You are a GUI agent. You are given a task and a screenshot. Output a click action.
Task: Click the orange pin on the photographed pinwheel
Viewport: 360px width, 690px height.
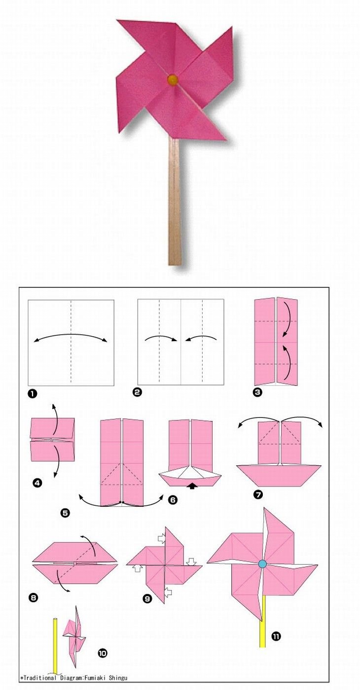(x=173, y=79)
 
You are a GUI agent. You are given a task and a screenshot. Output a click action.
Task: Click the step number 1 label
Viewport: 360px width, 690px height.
(x=32, y=393)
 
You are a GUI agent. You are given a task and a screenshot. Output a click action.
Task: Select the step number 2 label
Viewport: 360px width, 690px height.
(x=138, y=392)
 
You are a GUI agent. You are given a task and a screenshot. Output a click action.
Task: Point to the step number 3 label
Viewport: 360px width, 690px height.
(x=258, y=392)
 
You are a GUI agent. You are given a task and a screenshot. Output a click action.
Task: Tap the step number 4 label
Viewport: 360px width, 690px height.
(x=36, y=483)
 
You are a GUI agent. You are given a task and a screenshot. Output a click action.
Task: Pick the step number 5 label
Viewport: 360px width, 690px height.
(x=65, y=513)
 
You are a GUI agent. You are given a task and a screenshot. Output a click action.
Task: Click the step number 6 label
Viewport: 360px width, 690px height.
(x=173, y=499)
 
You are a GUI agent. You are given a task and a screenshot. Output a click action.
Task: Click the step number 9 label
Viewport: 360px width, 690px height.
(x=147, y=598)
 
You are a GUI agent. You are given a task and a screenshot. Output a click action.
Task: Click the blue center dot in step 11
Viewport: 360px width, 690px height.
(x=262, y=564)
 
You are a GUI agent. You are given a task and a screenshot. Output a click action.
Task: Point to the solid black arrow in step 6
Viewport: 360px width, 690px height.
(x=192, y=486)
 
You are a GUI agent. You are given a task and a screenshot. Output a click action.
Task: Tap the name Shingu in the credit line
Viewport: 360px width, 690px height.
(x=118, y=678)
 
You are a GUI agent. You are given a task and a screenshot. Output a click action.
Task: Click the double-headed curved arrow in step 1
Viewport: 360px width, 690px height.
(x=71, y=334)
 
